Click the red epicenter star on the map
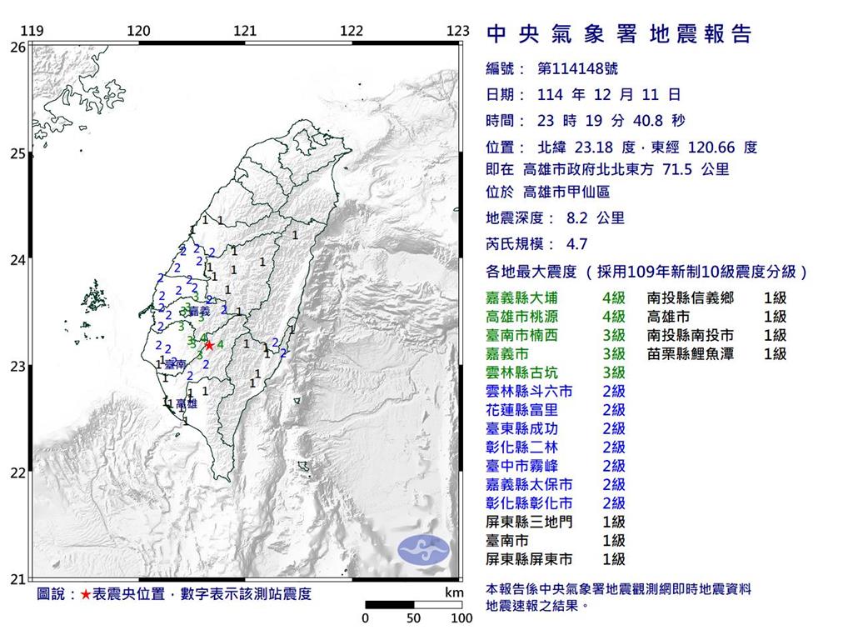pos(209,344)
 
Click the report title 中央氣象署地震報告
pos(618,34)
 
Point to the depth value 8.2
pos(578,218)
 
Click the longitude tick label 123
pos(458,31)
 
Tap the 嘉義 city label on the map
pos(199,312)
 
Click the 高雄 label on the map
pos(186,403)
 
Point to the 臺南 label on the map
pos(174,365)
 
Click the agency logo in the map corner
pos(423,547)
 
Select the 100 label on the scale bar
pos(461,619)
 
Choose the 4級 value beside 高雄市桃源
pos(614,317)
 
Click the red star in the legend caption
pos(85,595)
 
